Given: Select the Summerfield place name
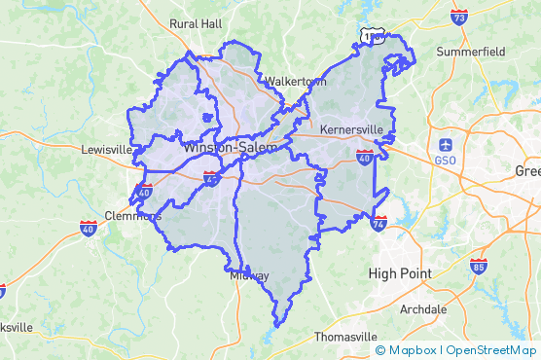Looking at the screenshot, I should (x=472, y=51).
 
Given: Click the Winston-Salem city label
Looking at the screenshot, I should (x=230, y=147).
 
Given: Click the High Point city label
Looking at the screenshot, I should (x=400, y=273).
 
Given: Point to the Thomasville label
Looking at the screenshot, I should (x=343, y=337).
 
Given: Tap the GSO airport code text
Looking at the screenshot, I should (x=446, y=160).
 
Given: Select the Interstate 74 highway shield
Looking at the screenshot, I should (x=379, y=223).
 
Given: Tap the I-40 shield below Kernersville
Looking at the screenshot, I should (x=364, y=155).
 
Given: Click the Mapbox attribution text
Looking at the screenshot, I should (x=407, y=350).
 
